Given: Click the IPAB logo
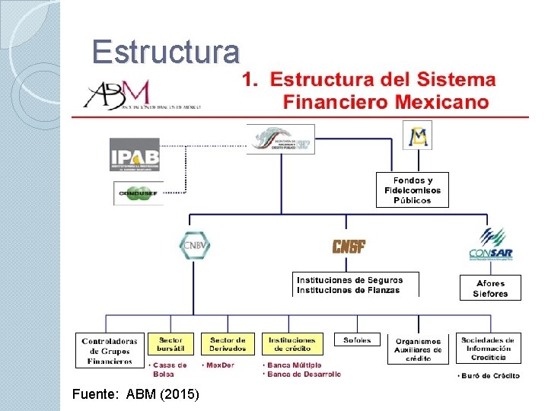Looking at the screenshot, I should [x=134, y=155].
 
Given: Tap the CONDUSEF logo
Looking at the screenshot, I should [x=139, y=193].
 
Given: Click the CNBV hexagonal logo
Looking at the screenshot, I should [x=194, y=245].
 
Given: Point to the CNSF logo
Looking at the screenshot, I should [x=349, y=247].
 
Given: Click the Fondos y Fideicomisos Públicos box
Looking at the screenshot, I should [x=413, y=190].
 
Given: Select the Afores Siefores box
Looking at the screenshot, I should [x=490, y=288].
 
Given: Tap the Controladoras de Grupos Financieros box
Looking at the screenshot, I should [x=109, y=351].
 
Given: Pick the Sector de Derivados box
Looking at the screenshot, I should [x=228, y=343].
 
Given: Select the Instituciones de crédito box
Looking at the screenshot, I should [x=292, y=343].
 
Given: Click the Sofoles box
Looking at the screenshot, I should [x=357, y=342].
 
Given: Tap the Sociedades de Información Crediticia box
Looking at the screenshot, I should [x=488, y=348].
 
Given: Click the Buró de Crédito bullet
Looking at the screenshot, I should [x=490, y=376].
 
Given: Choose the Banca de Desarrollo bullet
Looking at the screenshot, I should [x=304, y=374].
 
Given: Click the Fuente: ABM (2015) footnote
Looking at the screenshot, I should [x=135, y=394].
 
